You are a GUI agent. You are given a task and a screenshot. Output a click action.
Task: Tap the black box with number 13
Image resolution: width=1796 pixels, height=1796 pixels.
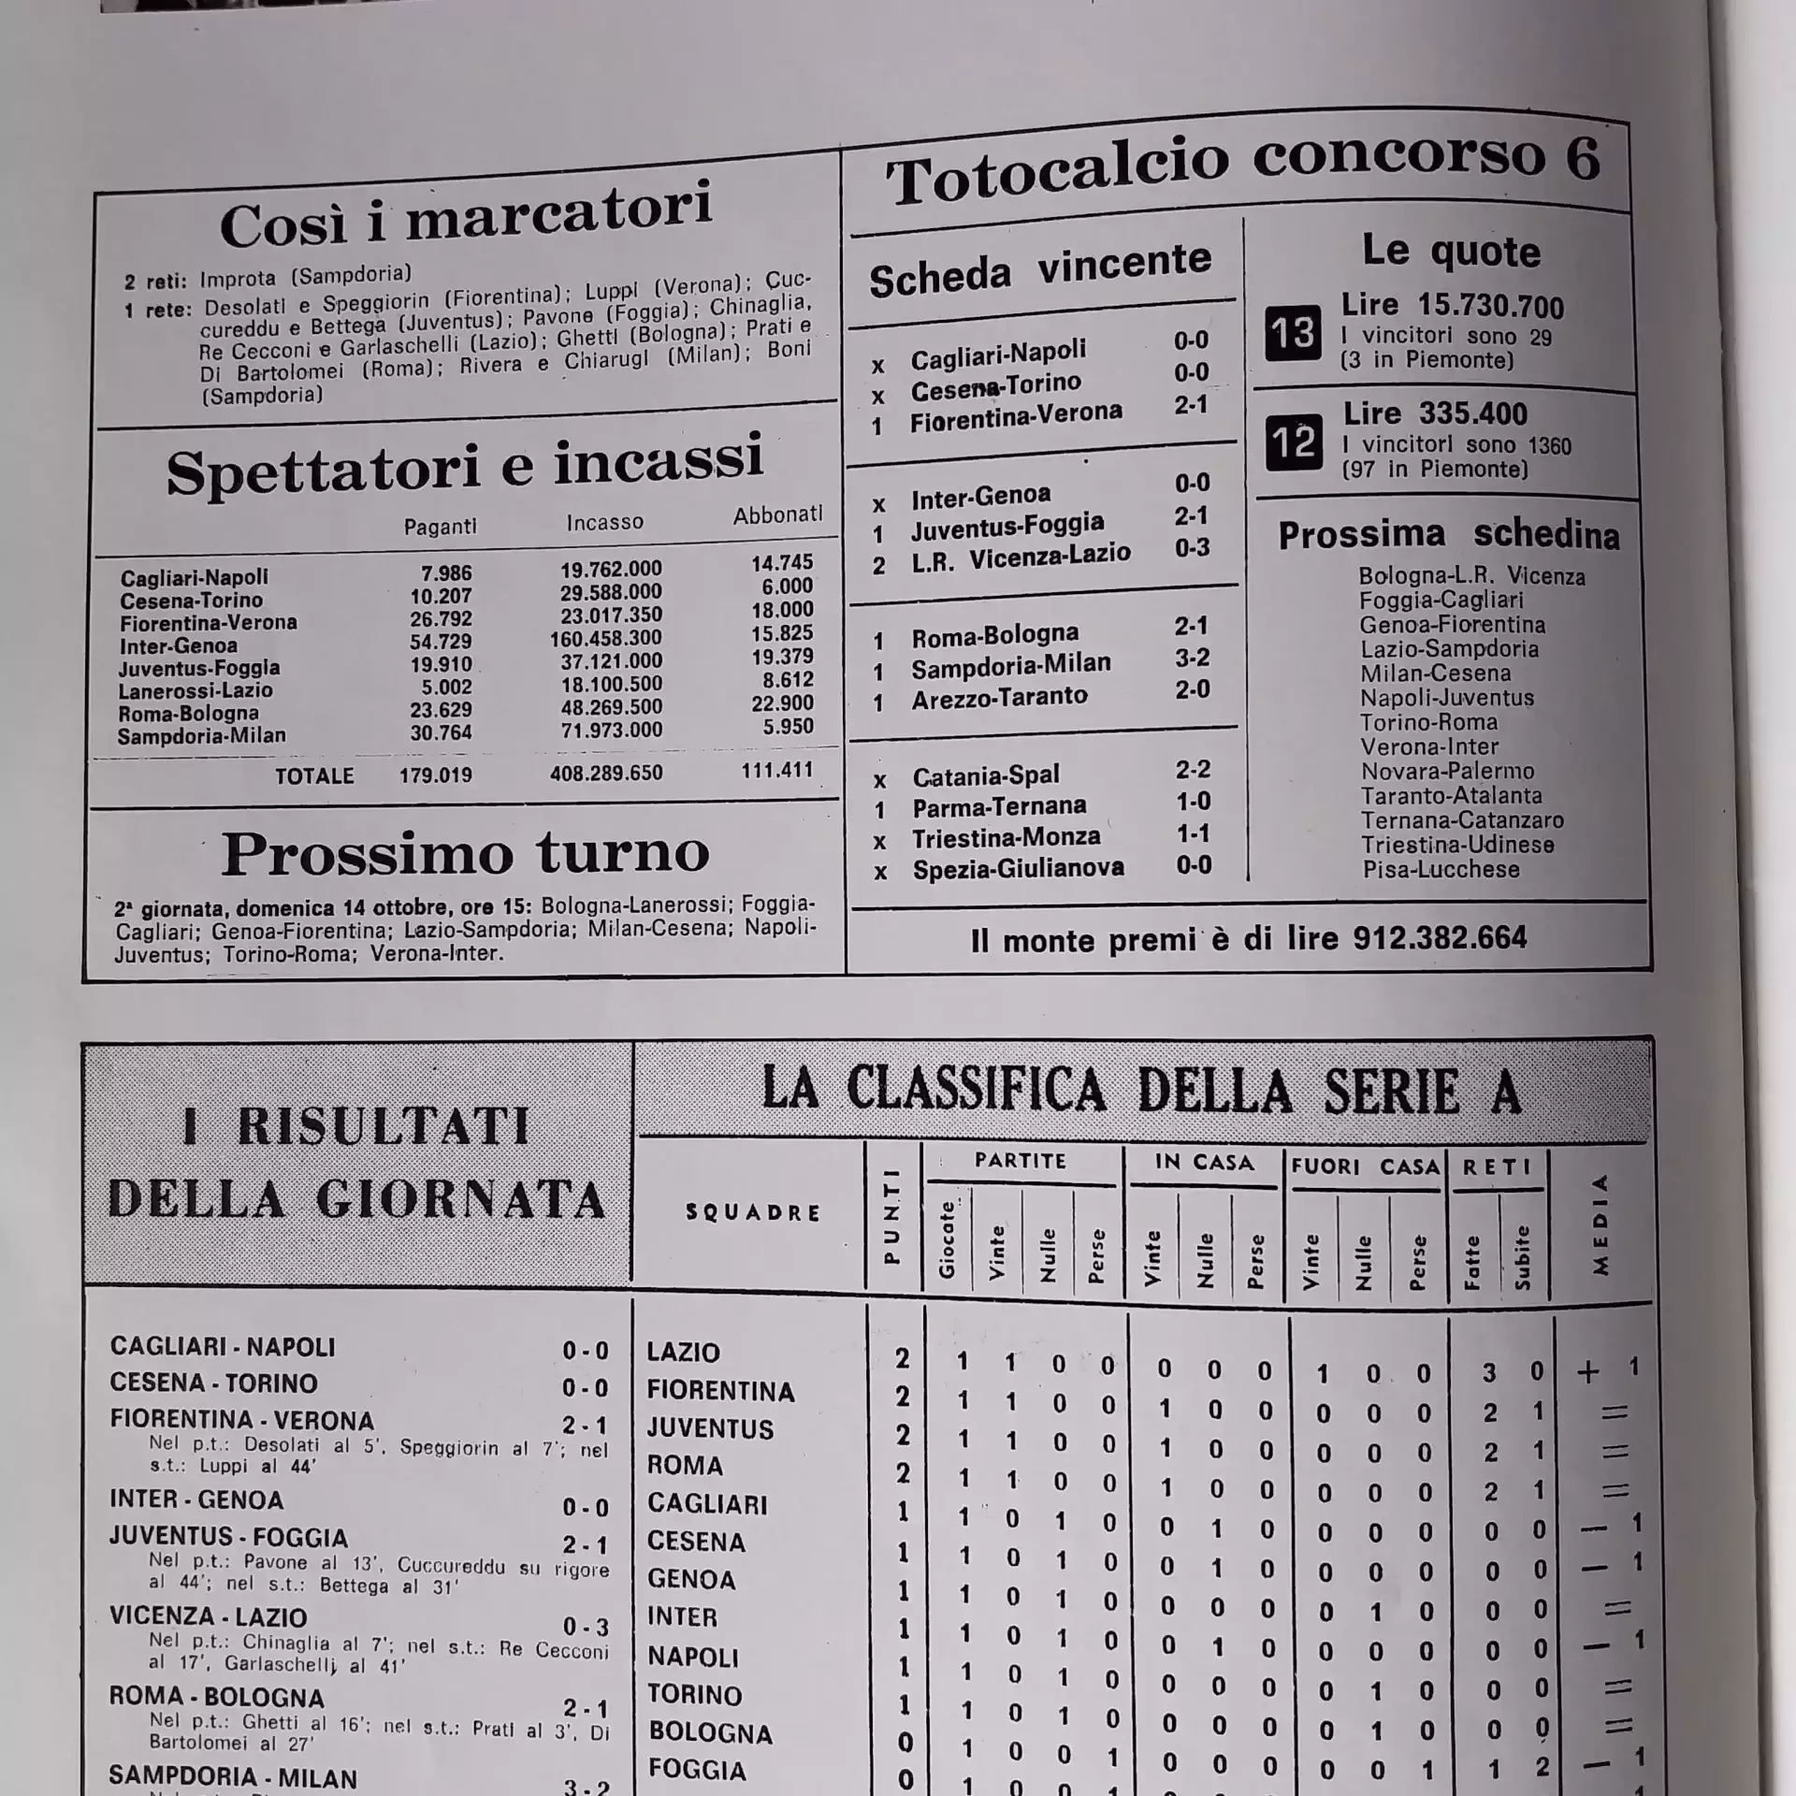pyautogui.click(x=1293, y=333)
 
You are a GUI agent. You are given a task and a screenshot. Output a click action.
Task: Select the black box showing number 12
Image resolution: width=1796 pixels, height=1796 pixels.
pyautogui.click(x=1295, y=442)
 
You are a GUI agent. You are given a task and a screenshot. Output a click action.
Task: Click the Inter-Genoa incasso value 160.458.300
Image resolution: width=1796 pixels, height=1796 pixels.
pyautogui.click(x=605, y=639)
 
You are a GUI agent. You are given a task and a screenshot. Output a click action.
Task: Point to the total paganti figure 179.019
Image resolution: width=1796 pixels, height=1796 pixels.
pyautogui.click(x=435, y=775)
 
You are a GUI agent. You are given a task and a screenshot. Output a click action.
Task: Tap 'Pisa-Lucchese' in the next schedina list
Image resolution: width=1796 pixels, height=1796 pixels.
pyautogui.click(x=1441, y=869)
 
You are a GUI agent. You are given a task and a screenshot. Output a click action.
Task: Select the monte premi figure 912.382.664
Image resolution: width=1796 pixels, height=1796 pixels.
pyautogui.click(x=1440, y=937)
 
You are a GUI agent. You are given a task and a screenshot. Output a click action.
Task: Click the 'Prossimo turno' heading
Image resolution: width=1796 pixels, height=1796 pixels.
pyautogui.click(x=465, y=853)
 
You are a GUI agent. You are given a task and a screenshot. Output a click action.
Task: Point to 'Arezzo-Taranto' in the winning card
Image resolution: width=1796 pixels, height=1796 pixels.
pyautogui.click(x=999, y=698)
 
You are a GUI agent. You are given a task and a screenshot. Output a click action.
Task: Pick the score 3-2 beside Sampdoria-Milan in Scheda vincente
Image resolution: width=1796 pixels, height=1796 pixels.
pyautogui.click(x=1193, y=658)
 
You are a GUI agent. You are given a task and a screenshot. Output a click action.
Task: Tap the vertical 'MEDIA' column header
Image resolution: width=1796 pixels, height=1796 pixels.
pyautogui.click(x=1600, y=1225)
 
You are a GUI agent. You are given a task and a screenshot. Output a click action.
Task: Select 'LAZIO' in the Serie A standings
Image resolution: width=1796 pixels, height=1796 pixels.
pyautogui.click(x=683, y=1353)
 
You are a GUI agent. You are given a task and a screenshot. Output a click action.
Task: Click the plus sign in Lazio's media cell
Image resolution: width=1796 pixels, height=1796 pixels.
pyautogui.click(x=1588, y=1372)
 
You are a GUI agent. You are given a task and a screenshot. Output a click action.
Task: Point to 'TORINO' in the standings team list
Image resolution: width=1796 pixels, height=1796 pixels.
pyautogui.click(x=694, y=1694)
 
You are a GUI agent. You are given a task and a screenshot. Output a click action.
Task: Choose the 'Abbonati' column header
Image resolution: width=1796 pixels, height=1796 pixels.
pyautogui.click(x=777, y=514)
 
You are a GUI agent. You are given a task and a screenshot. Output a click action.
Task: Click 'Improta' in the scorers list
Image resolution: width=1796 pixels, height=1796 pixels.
pyautogui.click(x=238, y=279)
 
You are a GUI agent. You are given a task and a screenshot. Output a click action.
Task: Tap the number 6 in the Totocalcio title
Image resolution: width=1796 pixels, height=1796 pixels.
pyautogui.click(x=1582, y=157)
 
